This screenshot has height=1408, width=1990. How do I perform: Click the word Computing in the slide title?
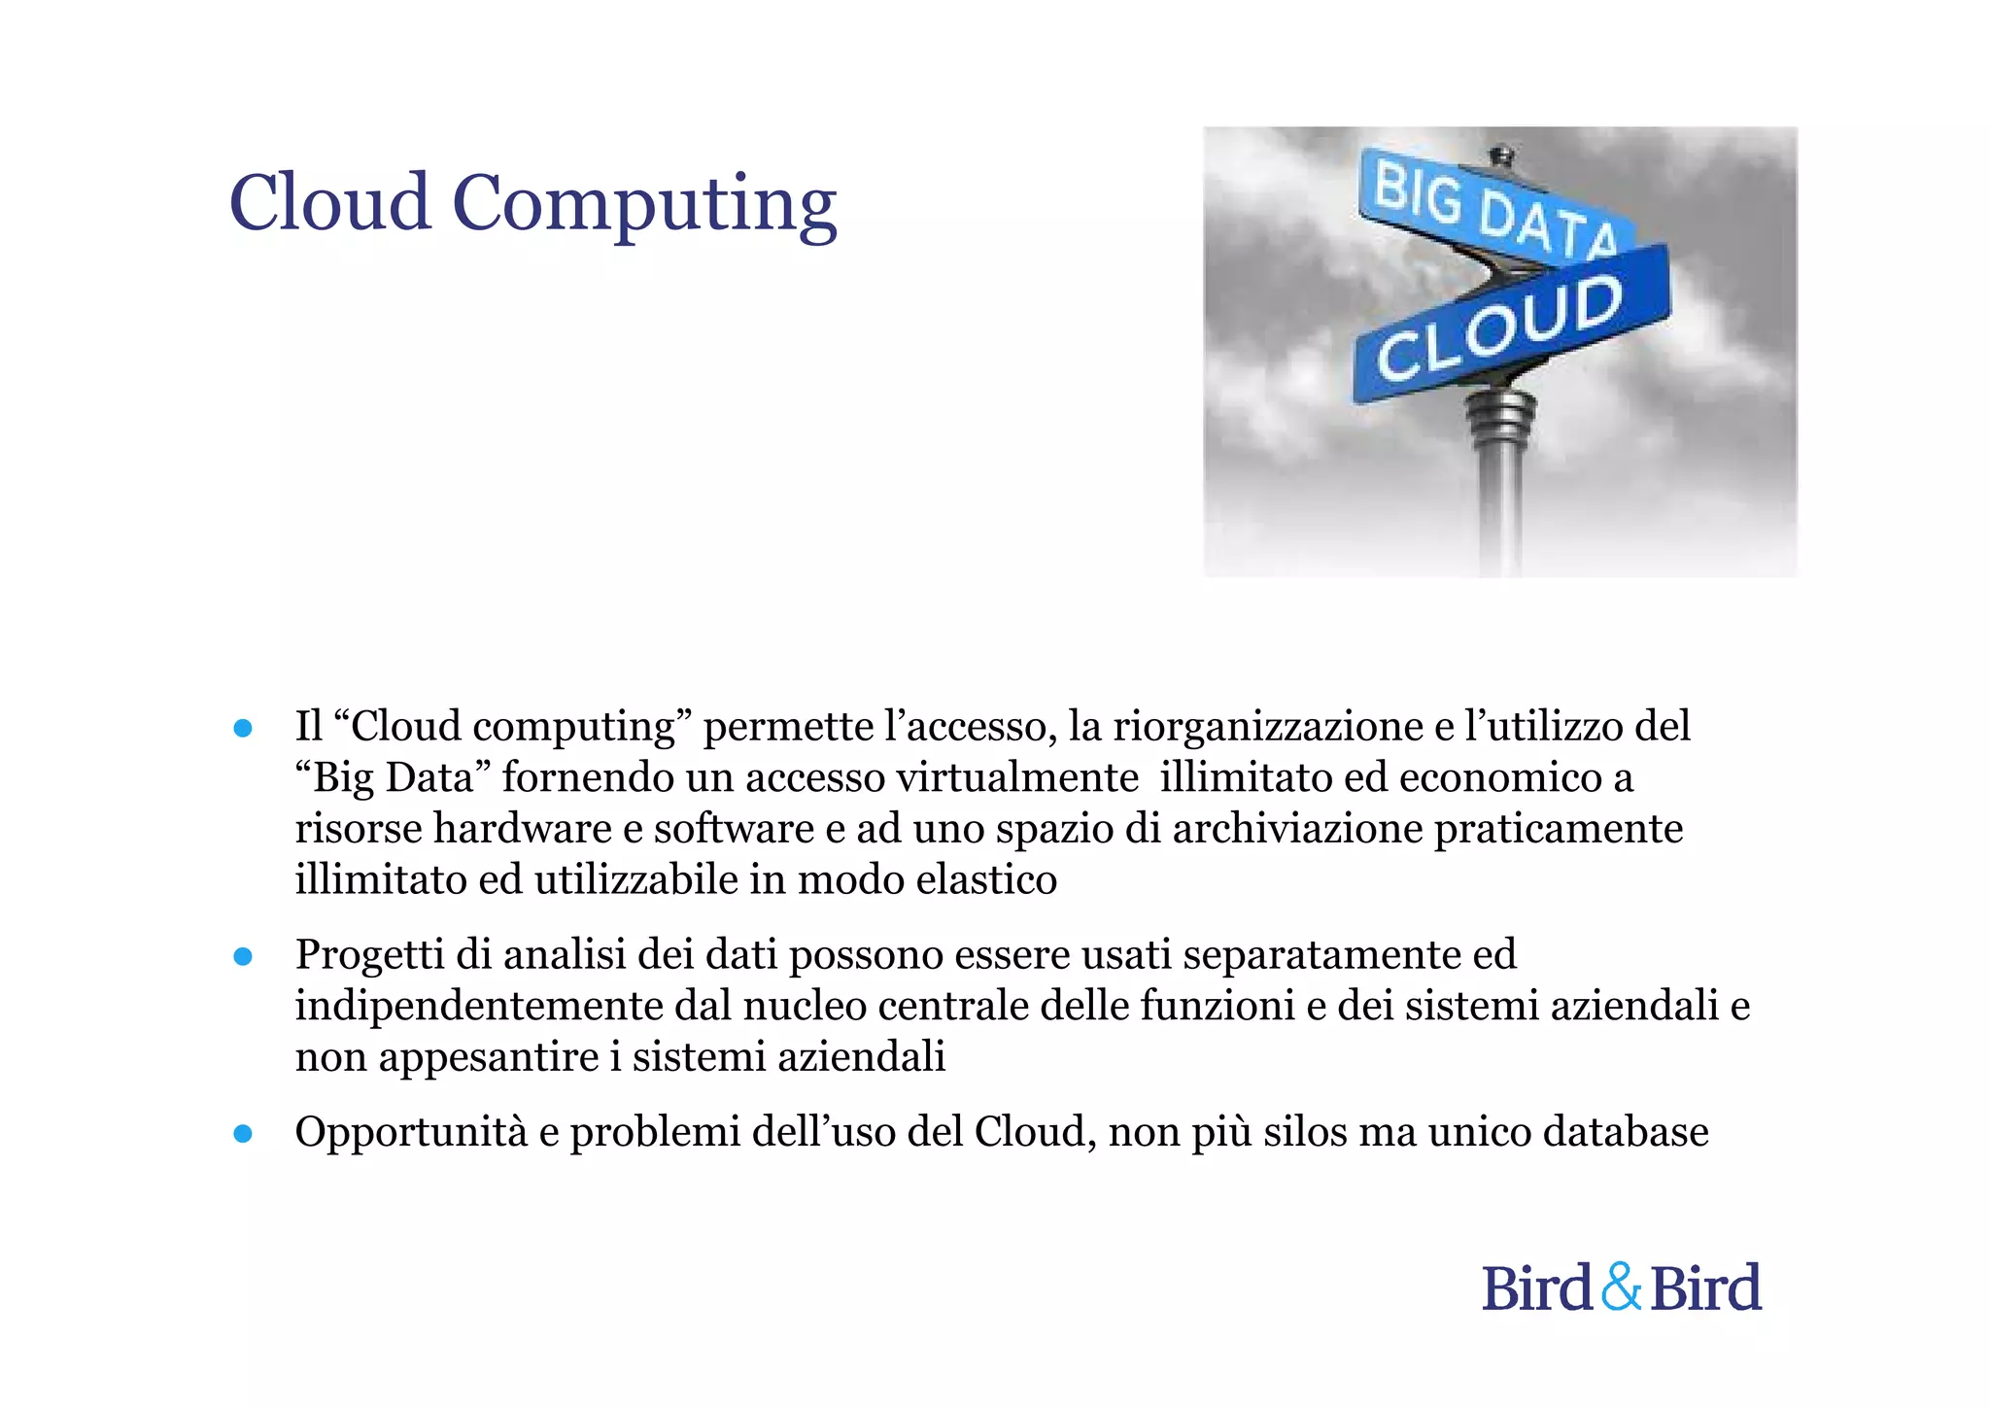643,205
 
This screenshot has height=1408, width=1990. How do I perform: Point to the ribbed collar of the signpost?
1500,418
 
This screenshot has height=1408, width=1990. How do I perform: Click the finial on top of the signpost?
1502,155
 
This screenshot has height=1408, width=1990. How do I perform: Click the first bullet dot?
243,728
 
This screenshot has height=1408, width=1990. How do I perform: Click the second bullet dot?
243,956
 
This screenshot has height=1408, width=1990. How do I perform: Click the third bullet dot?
243,1133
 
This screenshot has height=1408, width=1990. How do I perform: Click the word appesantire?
489,1058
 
